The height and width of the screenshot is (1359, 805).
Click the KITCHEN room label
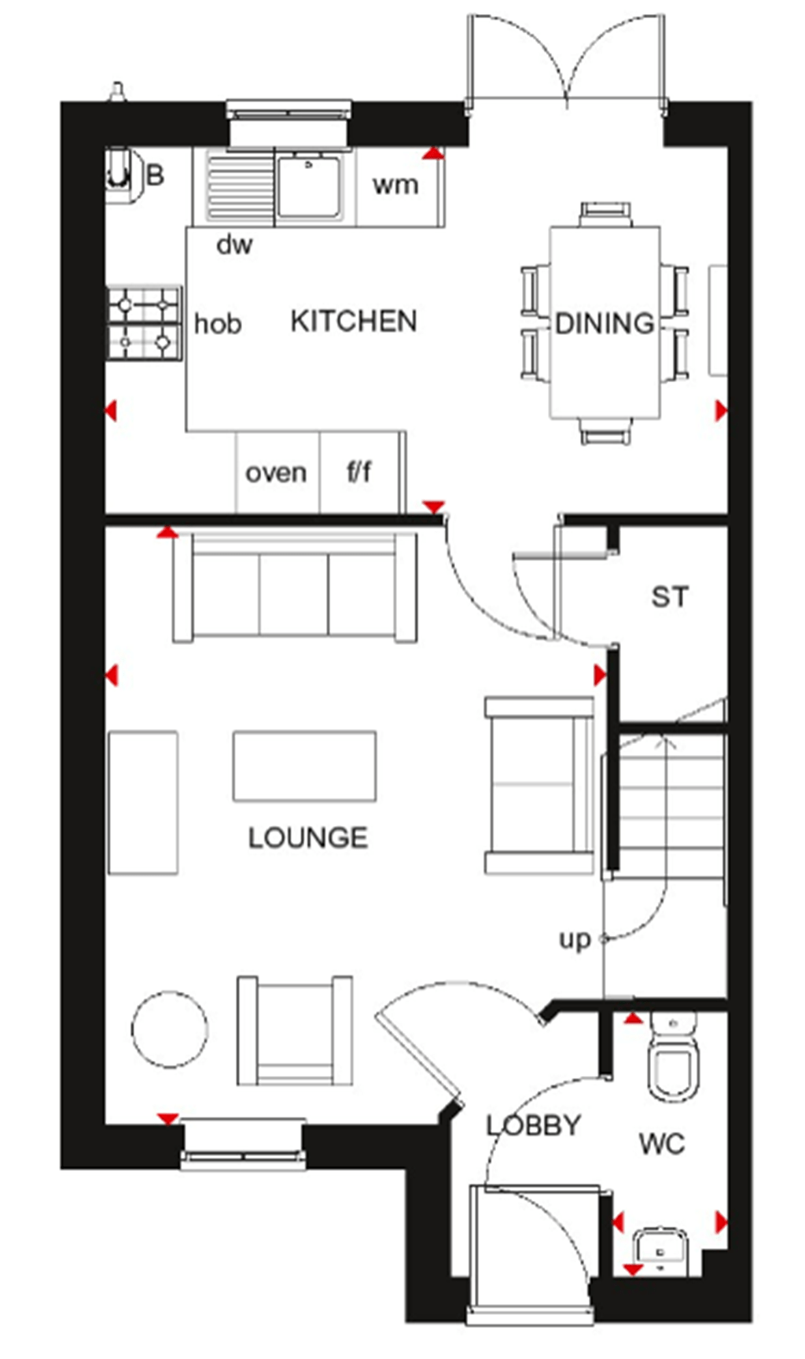click(353, 322)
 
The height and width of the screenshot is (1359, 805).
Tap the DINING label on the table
click(604, 323)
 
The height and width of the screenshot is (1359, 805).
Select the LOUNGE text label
click(307, 838)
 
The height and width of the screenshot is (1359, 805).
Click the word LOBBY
click(533, 1125)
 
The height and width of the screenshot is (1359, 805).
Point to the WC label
click(662, 1144)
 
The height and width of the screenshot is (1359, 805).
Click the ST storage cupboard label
click(670, 597)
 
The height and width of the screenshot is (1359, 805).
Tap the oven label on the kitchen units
click(276, 473)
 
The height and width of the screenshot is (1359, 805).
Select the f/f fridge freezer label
click(359, 472)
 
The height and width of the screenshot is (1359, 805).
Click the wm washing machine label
click(395, 186)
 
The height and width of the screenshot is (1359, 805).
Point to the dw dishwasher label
click(234, 245)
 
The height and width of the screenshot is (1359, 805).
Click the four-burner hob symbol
click(144, 322)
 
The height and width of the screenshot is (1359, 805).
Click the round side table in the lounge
click(169, 1029)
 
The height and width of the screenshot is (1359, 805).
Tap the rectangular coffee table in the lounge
click(304, 766)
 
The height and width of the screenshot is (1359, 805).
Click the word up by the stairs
click(574, 940)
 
